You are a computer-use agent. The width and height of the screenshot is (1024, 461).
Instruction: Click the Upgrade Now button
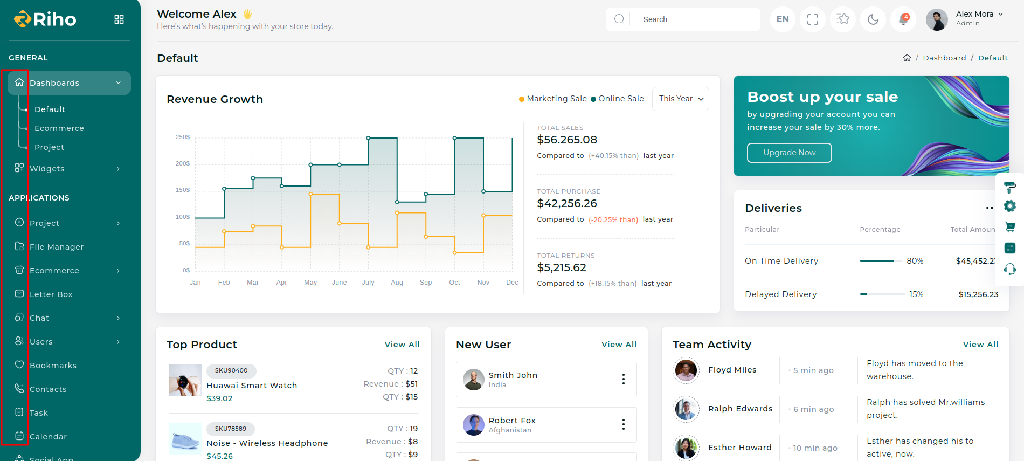coord(789,153)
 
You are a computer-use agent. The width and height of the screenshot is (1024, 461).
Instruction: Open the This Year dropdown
coord(681,99)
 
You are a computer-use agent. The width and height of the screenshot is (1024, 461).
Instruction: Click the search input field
coord(695,19)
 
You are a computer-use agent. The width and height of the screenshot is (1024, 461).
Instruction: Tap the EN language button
coord(783,19)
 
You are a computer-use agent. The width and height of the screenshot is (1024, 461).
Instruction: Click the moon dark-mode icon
coord(873,19)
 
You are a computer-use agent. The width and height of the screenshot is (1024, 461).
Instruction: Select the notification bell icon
coord(903,19)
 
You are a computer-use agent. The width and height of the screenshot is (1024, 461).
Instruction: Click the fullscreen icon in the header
coord(813,19)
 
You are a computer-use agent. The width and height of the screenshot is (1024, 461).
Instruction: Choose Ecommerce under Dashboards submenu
coord(59,128)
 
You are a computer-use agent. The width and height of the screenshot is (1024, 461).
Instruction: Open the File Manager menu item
coord(57,247)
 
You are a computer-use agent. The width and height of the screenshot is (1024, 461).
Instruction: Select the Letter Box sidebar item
coord(51,294)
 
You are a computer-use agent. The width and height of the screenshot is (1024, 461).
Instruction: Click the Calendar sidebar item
coord(48,437)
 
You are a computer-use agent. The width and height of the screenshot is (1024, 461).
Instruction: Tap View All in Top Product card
coord(402,345)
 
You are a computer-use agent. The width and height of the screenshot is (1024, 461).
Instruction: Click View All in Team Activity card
coord(980,345)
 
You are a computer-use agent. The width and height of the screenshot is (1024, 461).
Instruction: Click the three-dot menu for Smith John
coord(624,379)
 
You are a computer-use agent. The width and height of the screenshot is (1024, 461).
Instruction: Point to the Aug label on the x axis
coord(397,283)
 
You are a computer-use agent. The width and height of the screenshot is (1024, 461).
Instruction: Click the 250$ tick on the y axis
coord(183,137)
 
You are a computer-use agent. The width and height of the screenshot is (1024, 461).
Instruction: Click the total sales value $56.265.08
coord(567,140)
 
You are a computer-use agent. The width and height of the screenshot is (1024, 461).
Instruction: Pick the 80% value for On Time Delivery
coord(915,261)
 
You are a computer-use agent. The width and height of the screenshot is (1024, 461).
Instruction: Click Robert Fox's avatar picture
coord(474,425)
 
